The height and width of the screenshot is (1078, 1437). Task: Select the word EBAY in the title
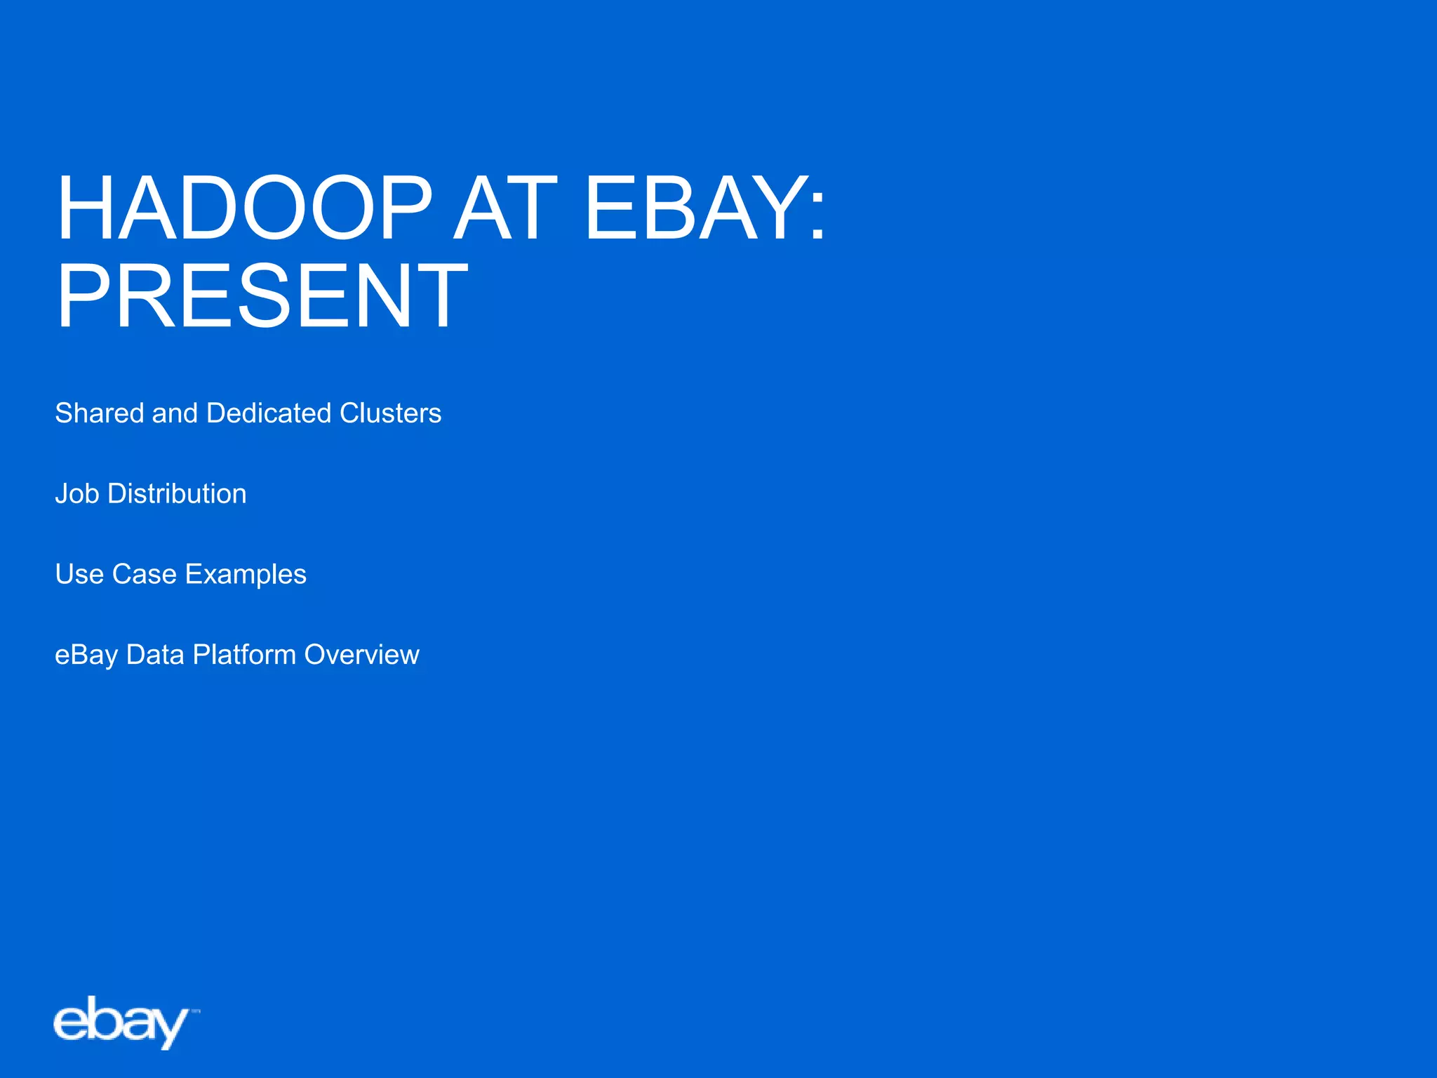(x=695, y=208)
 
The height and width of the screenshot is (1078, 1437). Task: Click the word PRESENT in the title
(x=262, y=295)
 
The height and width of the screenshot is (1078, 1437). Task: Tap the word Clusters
(x=390, y=413)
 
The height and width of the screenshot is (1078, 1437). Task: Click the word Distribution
(x=177, y=494)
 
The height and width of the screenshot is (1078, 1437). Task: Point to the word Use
(x=79, y=574)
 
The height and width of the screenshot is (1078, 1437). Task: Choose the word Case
(x=145, y=574)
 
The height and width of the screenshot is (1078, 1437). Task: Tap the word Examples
(x=246, y=575)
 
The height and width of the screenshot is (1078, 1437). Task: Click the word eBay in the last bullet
(x=86, y=656)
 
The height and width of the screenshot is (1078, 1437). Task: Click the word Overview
(x=362, y=655)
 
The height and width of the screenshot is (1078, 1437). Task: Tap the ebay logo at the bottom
(x=121, y=1023)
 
